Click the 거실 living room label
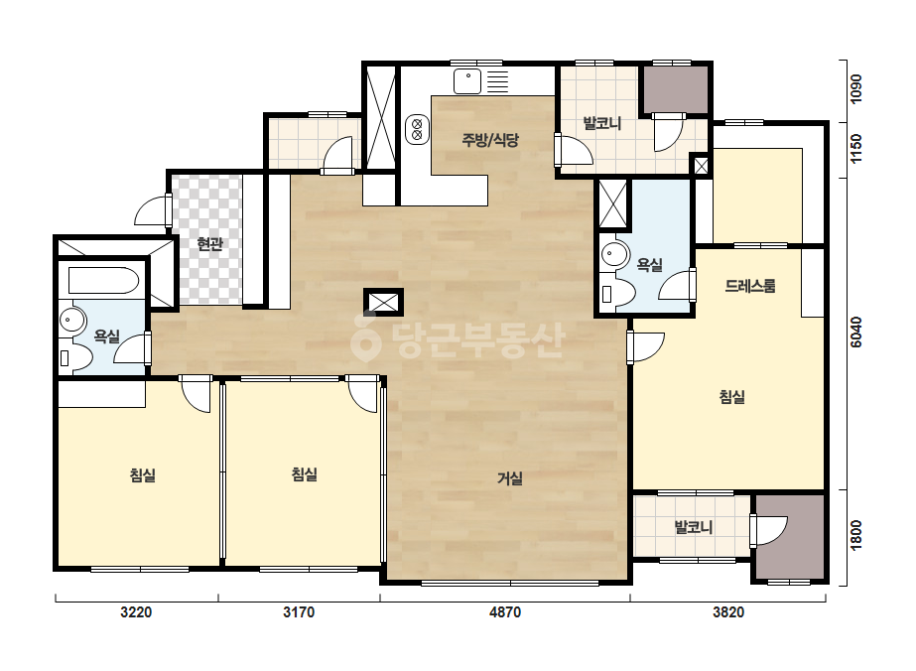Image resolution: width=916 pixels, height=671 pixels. [x=509, y=478]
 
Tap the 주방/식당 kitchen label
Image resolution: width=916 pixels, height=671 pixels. [x=490, y=140]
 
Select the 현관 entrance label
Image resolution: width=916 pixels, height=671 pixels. [x=209, y=244]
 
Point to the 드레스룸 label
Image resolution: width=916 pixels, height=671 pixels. [x=750, y=286]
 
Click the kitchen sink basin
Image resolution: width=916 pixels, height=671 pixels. [x=468, y=81]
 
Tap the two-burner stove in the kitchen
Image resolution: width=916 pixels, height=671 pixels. [x=417, y=129]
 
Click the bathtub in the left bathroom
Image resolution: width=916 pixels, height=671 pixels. [x=103, y=281]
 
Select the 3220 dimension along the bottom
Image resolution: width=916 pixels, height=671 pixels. [x=136, y=612]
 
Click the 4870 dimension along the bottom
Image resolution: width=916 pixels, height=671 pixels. [x=505, y=612]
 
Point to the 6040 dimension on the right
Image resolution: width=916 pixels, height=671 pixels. [x=855, y=332]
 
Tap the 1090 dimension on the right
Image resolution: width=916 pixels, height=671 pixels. [x=855, y=89]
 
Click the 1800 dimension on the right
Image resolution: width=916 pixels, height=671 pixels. [x=855, y=535]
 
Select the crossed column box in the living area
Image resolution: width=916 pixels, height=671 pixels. [x=384, y=302]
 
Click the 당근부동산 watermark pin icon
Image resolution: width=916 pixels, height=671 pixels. [x=365, y=336]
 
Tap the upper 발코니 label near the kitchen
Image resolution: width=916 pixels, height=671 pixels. [x=602, y=123]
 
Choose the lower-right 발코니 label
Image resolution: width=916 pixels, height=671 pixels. [x=694, y=527]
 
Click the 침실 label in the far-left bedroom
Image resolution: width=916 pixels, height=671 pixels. [x=143, y=474]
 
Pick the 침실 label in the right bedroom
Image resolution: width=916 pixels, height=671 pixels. [x=732, y=397]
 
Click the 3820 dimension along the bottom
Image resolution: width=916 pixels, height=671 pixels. [x=728, y=612]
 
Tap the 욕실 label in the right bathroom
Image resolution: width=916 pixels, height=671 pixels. [x=650, y=265]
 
